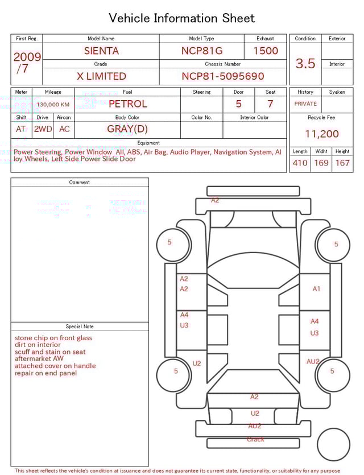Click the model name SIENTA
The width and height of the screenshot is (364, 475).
coord(101,51)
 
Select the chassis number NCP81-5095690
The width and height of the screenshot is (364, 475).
coord(223,76)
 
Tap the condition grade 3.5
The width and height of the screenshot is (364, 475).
coord(305,64)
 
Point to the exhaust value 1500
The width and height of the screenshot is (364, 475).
coord(266,51)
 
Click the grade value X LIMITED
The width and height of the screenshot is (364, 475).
coord(101,76)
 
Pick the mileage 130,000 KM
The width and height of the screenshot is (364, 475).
coord(53,105)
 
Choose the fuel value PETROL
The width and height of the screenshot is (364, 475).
coord(127,104)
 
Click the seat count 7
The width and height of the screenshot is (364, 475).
coord(270,104)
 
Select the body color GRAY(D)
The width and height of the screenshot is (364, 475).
coord(127,129)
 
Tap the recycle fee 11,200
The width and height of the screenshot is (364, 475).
coord(321,134)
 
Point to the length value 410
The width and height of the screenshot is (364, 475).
coord(300,163)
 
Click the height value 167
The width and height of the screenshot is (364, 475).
coord(342,163)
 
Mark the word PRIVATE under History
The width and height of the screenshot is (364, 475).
coord(305,104)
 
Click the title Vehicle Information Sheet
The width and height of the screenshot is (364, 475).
coord(182,18)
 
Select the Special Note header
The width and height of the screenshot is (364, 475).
coord(80,327)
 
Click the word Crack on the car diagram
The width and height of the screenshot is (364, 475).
coord(255,439)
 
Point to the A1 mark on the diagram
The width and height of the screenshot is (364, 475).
coord(316,289)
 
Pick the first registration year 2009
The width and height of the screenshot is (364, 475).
coord(27,57)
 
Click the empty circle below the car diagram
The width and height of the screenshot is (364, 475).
coord(333,444)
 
